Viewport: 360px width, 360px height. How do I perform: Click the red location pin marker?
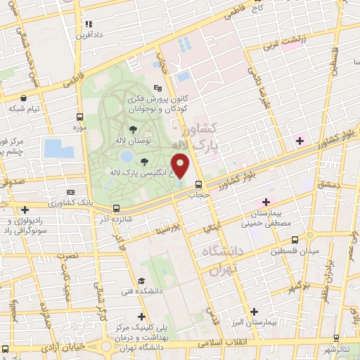[x=181, y=166]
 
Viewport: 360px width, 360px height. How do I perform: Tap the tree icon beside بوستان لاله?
[x=133, y=129]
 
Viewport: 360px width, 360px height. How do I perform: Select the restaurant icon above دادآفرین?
[x=83, y=20]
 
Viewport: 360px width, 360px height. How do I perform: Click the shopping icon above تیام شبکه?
[x=25, y=98]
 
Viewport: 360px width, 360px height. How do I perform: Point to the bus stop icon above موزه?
[x=80, y=118]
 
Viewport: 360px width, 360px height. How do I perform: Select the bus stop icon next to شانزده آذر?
[x=116, y=208]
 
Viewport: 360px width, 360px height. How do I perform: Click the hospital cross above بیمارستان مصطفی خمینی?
[x=266, y=202]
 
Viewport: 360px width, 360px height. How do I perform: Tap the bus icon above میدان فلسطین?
[x=294, y=239]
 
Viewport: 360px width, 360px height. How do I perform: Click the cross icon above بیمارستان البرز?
[x=254, y=311]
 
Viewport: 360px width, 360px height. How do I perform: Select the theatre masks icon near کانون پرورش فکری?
[x=157, y=89]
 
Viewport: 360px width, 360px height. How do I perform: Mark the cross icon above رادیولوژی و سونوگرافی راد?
[x=25, y=209]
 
